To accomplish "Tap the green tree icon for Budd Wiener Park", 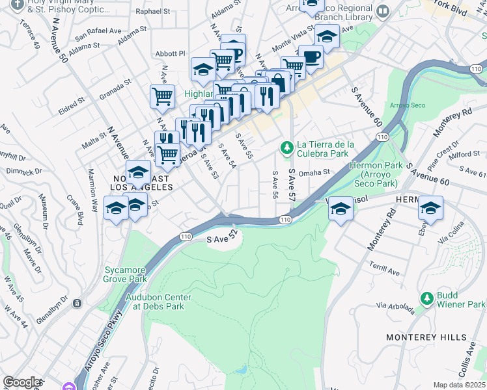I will click(426, 298).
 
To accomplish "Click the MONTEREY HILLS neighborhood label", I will click(426, 337).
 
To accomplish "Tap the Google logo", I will click(21, 382).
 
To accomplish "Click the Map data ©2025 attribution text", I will click(459, 385).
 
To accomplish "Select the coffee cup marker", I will click(311, 57).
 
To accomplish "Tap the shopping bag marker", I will click(279, 83).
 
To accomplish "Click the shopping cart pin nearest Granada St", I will click(162, 96).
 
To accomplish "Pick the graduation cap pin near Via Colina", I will click(430, 208).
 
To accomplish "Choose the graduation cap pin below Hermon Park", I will click(339, 208).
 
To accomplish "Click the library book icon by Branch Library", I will click(383, 11).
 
